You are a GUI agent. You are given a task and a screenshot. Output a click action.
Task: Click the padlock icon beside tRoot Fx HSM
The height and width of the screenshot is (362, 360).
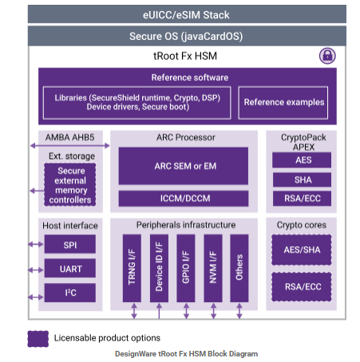(327, 56)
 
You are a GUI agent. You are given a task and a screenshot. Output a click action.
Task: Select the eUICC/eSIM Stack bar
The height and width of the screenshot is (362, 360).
(187, 14)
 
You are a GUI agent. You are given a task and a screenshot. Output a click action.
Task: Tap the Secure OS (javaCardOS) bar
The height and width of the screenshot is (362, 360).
(187, 36)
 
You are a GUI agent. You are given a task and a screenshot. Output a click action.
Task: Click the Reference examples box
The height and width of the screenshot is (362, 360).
(283, 102)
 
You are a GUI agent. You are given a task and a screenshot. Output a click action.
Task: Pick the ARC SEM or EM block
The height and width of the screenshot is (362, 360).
(184, 166)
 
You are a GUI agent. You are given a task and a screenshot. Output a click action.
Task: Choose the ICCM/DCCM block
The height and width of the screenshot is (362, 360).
(184, 199)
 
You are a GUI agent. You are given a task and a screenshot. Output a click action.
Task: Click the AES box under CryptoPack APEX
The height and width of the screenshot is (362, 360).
(302, 160)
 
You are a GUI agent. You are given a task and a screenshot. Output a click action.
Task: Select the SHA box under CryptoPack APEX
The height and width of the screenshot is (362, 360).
(302, 179)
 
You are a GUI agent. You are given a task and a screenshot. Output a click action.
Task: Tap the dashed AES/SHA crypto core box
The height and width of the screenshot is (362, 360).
(302, 250)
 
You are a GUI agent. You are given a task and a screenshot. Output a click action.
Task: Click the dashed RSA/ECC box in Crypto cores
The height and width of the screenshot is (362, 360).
(302, 286)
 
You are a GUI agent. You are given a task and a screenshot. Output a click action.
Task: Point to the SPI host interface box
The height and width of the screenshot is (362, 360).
(70, 244)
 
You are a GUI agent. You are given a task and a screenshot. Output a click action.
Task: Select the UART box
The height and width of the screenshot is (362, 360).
(70, 268)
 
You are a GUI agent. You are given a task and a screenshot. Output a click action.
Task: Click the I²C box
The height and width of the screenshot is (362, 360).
(70, 293)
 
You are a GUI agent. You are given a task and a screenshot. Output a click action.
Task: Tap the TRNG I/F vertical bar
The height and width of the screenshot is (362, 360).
(132, 268)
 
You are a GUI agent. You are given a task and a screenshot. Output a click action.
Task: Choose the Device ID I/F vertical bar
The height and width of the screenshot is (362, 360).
(159, 268)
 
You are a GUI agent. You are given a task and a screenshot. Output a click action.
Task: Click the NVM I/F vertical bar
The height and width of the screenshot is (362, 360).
(213, 268)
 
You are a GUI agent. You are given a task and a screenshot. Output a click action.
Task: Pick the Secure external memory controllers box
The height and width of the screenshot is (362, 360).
(70, 185)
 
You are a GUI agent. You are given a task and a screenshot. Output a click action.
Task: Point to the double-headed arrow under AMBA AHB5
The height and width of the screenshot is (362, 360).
(70, 145)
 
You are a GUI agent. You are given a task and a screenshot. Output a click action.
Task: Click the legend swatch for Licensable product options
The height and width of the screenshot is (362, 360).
(38, 339)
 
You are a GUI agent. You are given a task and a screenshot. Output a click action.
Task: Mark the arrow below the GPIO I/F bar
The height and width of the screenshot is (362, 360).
(186, 311)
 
